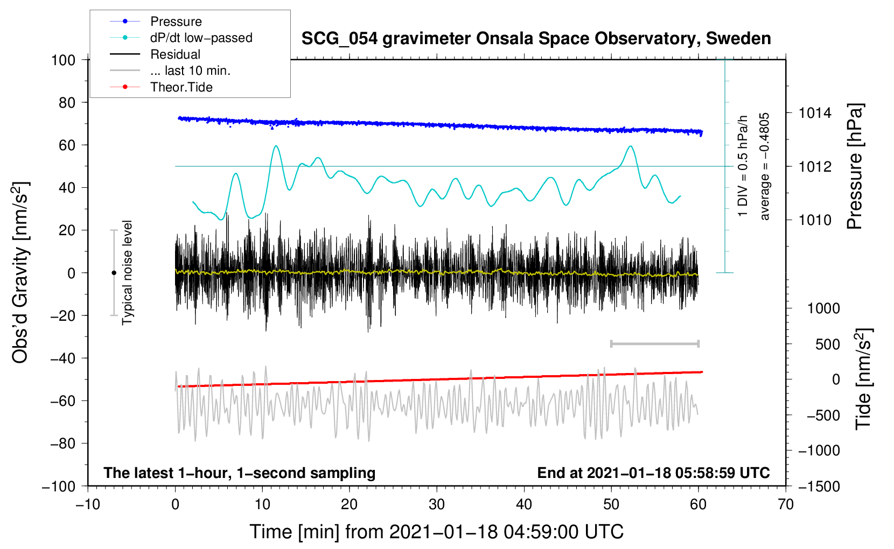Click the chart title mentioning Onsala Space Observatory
536,39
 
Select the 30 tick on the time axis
437,504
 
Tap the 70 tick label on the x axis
785,504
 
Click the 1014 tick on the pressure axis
815,113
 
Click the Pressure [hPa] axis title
855,166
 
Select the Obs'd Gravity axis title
20,272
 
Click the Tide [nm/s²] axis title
863,379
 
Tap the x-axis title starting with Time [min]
437,532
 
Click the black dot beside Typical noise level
114,273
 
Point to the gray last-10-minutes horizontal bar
654,343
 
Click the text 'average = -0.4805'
764,166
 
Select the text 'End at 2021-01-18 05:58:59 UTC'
653,473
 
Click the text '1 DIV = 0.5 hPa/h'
742,166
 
